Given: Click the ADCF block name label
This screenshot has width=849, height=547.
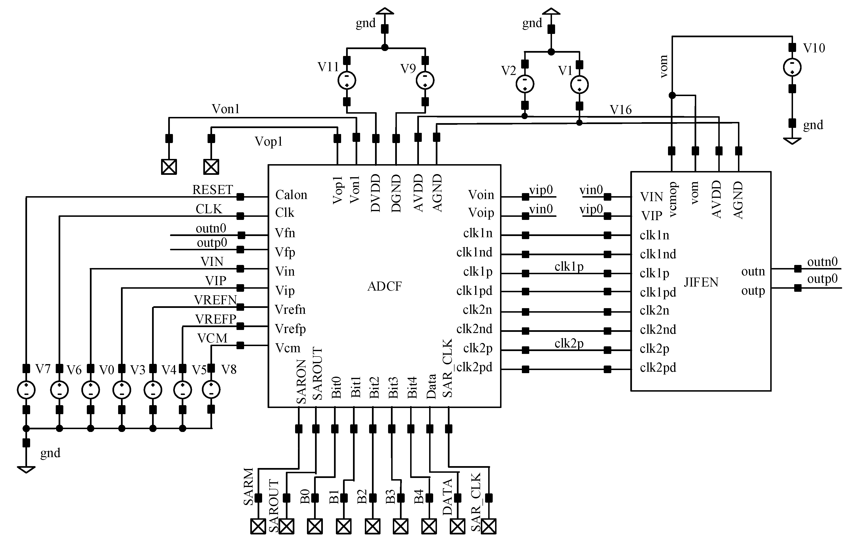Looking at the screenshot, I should pyautogui.click(x=384, y=286).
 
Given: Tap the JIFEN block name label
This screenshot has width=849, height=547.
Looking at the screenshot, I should pyautogui.click(x=701, y=282).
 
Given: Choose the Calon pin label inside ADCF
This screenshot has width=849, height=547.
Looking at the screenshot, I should pyautogui.click(x=291, y=195).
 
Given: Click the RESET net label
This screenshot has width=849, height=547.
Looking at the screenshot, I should pyautogui.click(x=212, y=190).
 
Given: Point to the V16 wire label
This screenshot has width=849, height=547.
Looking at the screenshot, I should pyautogui.click(x=621, y=110).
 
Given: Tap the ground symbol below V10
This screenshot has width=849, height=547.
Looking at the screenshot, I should pyautogui.click(x=792, y=141).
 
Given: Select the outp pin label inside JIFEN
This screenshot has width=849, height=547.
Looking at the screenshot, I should pyautogui.click(x=753, y=291).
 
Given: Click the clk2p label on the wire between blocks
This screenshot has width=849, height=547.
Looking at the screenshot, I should pyautogui.click(x=569, y=343).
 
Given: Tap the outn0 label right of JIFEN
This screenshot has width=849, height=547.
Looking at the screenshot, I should pyautogui.click(x=822, y=262).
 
